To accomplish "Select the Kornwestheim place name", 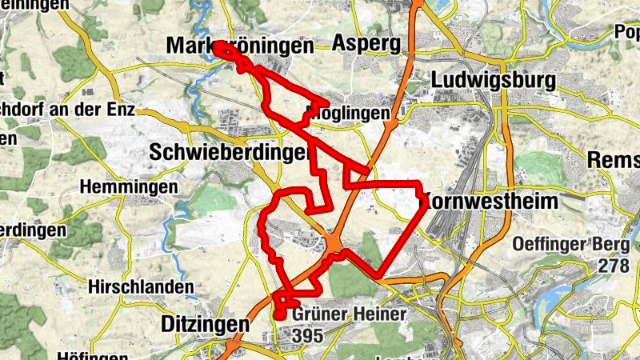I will click(490, 201).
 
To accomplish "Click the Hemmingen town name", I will click(129, 186).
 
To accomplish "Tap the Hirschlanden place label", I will click(142, 286).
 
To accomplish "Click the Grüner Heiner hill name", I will click(350, 315).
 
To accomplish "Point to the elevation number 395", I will click(307, 337).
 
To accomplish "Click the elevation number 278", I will click(614, 266).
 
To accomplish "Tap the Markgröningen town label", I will click(240, 46).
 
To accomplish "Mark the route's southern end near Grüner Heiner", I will click(279, 314).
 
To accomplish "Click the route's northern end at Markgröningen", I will click(218, 46).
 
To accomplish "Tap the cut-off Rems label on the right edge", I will click(614, 159).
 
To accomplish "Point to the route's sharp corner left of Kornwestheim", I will click(419, 187).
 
